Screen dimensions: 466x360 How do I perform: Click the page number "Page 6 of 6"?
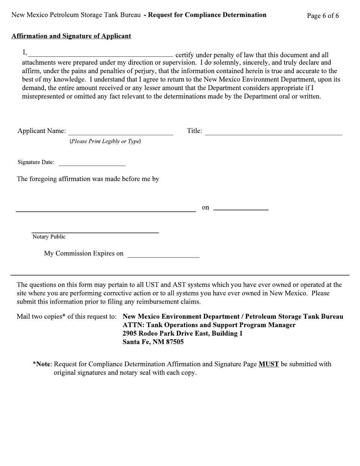(323, 16)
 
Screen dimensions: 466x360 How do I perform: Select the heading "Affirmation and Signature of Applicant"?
(71, 36)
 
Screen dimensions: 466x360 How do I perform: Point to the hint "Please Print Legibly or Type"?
(105, 141)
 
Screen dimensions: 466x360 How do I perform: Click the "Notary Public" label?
(49, 237)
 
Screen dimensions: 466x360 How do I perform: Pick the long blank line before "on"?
(106, 209)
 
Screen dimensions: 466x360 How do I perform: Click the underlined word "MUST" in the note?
(269, 364)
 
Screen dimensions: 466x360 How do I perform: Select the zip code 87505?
(175, 342)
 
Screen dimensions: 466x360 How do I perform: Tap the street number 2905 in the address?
(130, 334)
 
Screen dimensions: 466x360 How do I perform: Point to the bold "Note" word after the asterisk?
(43, 364)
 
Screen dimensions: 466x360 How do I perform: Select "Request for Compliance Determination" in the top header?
(207, 15)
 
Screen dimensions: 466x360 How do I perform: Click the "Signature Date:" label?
(36, 162)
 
